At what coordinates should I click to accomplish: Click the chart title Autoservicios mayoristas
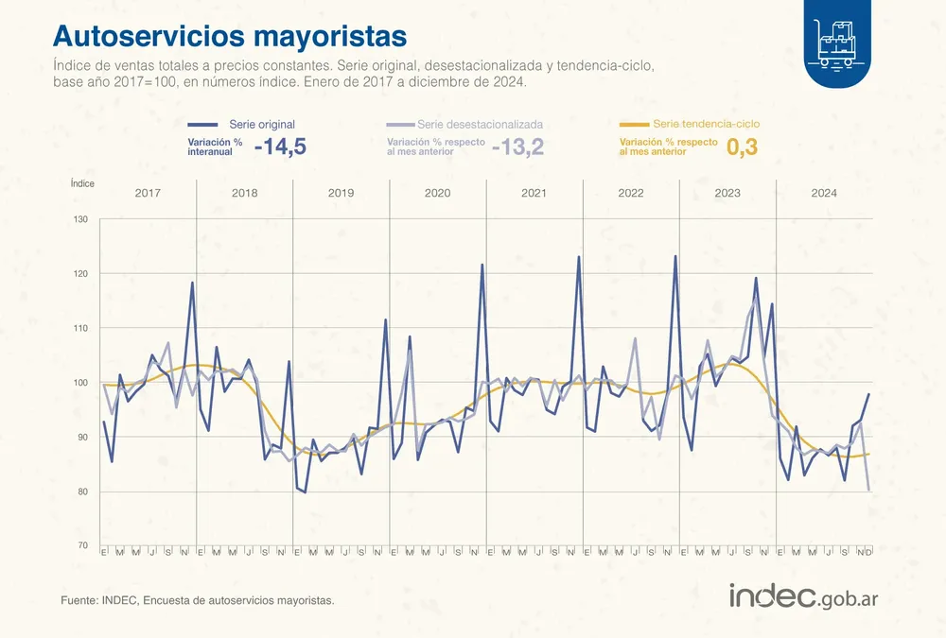click(x=230, y=36)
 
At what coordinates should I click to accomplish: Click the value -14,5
click(x=280, y=147)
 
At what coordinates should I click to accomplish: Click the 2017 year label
click(x=148, y=193)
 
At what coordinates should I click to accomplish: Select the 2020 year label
click(x=437, y=193)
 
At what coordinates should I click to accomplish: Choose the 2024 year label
click(x=823, y=193)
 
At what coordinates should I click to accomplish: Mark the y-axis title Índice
click(x=82, y=183)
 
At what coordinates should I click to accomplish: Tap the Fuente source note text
click(x=197, y=600)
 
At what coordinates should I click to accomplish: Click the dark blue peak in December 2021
click(x=579, y=256)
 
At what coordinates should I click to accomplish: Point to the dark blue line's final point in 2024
click(x=868, y=394)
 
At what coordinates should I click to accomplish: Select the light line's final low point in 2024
click(x=868, y=490)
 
